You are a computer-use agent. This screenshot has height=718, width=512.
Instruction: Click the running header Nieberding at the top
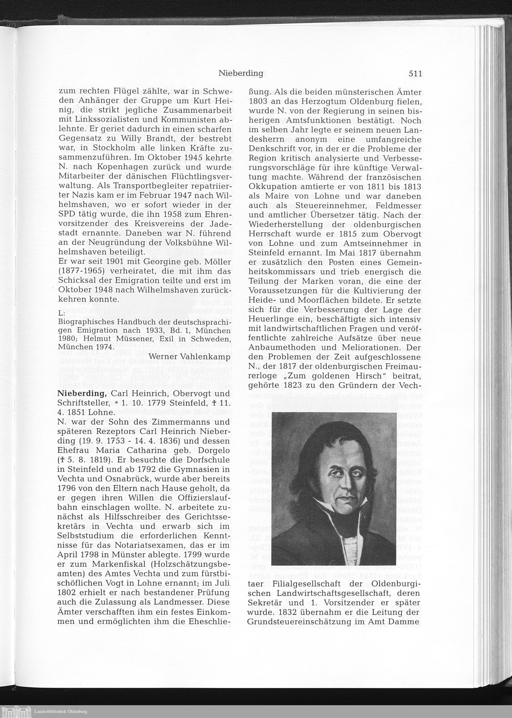point(241,73)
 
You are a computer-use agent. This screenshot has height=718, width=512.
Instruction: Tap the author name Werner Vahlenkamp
point(190,356)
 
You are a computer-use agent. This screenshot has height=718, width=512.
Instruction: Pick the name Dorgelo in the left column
point(211,451)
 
